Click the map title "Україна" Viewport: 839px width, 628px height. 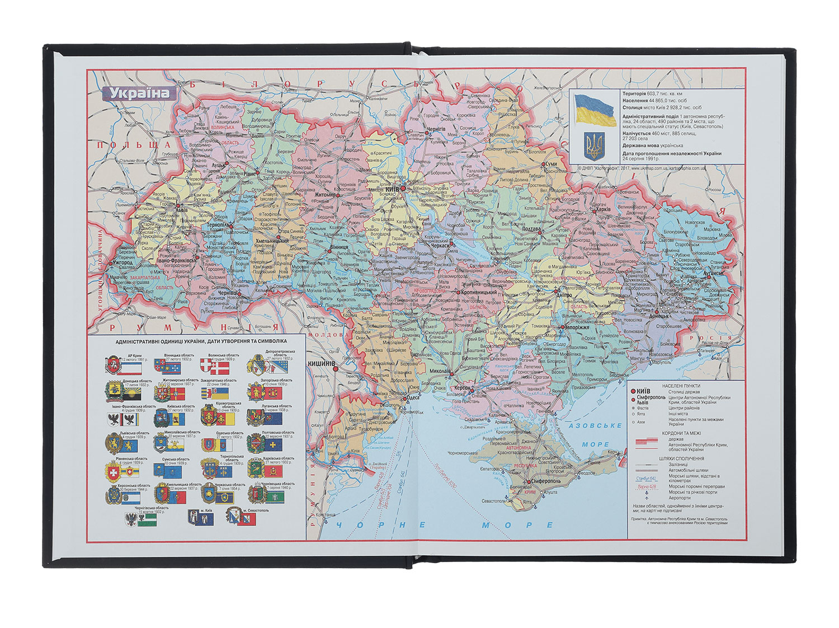[x=139, y=93]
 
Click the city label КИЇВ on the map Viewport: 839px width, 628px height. [x=392, y=190]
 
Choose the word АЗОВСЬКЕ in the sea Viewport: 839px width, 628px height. [x=595, y=427]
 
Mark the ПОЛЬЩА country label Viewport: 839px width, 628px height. [x=119, y=146]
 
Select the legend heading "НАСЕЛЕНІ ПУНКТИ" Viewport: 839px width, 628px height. [x=680, y=386]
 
